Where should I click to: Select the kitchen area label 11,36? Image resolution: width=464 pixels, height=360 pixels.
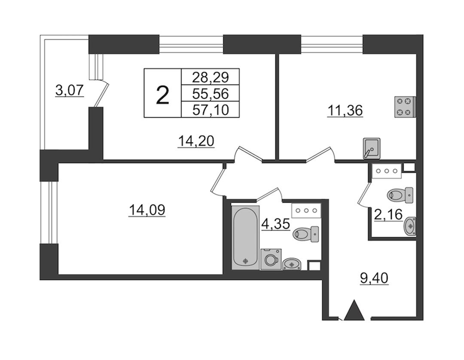[x=345, y=111]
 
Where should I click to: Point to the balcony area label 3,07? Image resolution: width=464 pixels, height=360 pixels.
[x=70, y=90]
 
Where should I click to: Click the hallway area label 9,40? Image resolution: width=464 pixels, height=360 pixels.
[x=374, y=278]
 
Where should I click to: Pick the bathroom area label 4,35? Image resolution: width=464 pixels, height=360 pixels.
[x=275, y=224]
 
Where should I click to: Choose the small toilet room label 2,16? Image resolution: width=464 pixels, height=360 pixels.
[x=388, y=214]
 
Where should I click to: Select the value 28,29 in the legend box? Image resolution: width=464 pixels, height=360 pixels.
[x=211, y=77]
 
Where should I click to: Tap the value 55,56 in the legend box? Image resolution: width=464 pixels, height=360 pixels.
[x=211, y=94]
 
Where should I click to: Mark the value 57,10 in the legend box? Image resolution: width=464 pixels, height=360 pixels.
[x=211, y=110]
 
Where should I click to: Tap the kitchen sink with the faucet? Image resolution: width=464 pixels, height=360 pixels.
[x=372, y=149]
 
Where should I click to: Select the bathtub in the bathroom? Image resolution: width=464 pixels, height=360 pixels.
[x=245, y=238]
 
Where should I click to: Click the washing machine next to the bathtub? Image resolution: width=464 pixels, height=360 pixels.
[x=271, y=259]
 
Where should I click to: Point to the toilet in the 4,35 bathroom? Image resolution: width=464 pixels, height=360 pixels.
[x=306, y=234]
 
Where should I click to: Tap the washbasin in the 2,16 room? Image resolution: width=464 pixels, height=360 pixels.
[x=410, y=226]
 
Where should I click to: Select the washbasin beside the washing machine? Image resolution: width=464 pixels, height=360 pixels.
[x=293, y=264]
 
